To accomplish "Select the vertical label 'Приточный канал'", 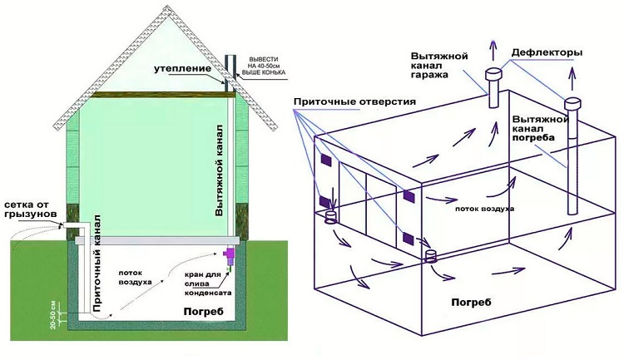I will pos(97,262).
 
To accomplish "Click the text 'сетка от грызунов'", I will pos(30,209).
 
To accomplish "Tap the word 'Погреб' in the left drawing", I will pos(201,312).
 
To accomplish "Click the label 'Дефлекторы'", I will pos(546,52).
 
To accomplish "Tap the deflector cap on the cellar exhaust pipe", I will pos(572,104).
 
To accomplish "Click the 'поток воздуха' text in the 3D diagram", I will pos(484,208).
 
